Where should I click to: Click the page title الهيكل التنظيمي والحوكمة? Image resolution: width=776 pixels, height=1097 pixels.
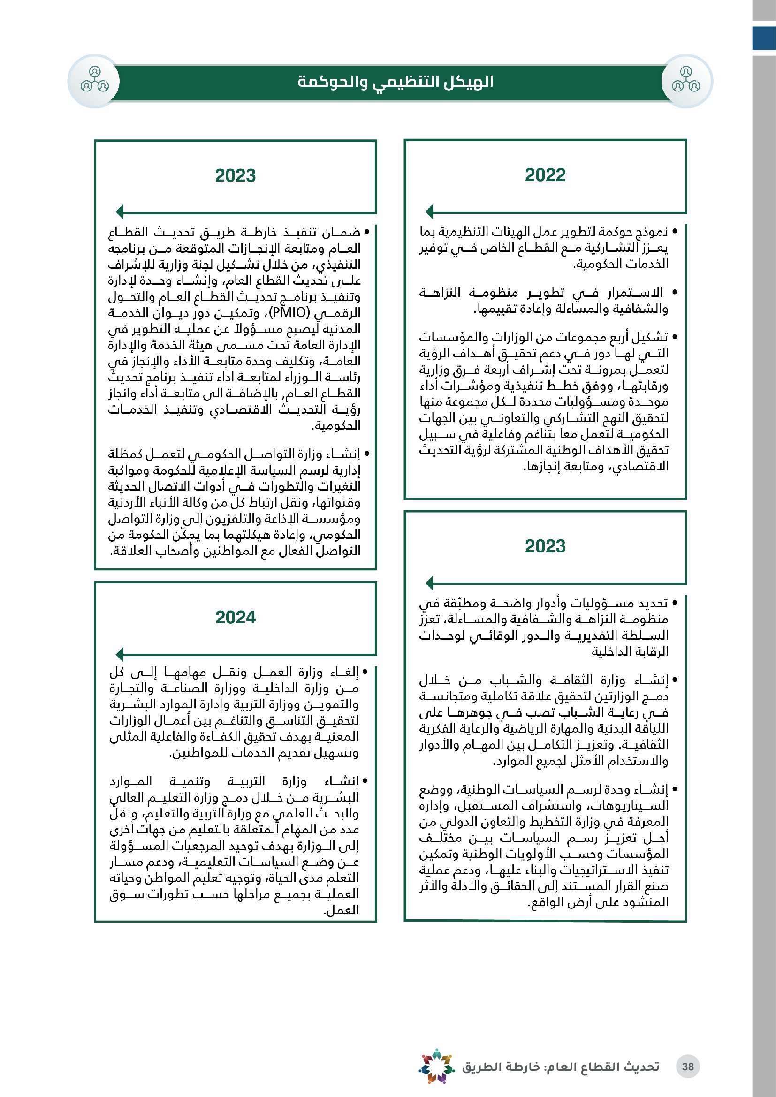(x=395, y=82)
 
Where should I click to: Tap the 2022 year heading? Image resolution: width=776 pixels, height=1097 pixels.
(x=545, y=175)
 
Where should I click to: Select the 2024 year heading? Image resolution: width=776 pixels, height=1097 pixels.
(x=235, y=617)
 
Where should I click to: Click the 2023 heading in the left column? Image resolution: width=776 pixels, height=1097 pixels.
(x=235, y=175)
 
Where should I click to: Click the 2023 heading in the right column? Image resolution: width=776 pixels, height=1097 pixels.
(x=545, y=546)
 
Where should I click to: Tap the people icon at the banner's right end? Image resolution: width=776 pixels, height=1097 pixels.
(x=686, y=81)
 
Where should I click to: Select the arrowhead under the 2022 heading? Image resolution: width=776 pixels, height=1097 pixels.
(x=430, y=211)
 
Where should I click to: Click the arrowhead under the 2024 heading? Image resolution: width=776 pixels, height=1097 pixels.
(x=120, y=654)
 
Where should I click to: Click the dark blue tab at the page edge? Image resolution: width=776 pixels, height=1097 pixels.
(x=764, y=38)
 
